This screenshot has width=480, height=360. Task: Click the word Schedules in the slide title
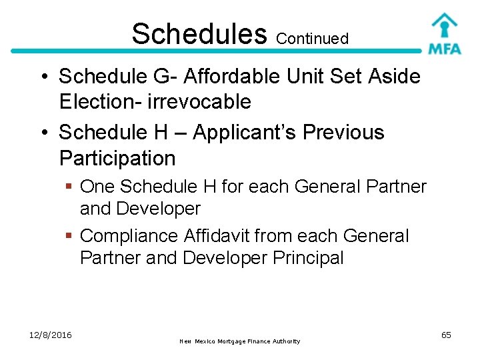click(x=199, y=33)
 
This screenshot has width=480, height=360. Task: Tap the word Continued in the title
click(x=312, y=39)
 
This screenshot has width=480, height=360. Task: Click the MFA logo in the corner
click(x=443, y=33)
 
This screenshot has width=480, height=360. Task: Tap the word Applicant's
click(x=245, y=133)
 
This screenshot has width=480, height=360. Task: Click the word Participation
click(x=117, y=159)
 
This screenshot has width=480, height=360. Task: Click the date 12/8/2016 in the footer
click(x=51, y=335)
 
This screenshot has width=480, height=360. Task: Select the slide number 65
click(x=446, y=335)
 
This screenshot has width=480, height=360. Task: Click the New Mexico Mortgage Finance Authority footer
click(x=240, y=341)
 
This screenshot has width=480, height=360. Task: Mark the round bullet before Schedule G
click(x=41, y=77)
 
